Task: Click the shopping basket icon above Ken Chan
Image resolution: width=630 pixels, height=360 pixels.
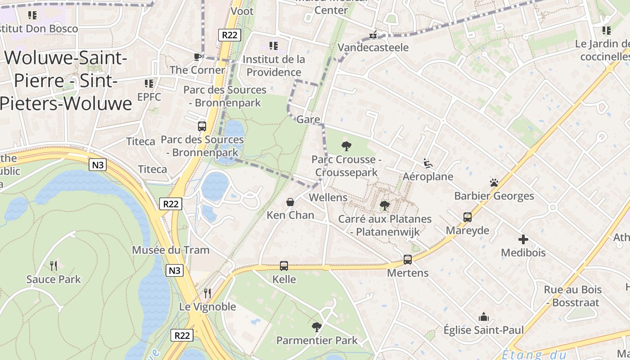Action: click(290, 202)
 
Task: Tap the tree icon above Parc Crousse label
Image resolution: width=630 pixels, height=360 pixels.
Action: click(346, 146)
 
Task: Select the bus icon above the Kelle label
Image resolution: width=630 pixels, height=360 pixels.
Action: click(283, 266)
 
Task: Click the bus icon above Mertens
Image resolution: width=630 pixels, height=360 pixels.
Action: click(407, 259)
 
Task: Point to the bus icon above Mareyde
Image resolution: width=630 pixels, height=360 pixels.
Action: click(468, 217)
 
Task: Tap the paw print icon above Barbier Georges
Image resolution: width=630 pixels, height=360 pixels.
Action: click(494, 183)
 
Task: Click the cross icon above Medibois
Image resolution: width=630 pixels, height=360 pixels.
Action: click(523, 239)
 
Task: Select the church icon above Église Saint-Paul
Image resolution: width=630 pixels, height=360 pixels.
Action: click(484, 317)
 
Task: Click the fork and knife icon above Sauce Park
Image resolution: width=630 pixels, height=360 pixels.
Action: click(54, 266)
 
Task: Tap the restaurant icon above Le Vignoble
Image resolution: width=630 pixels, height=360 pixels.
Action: click(207, 293)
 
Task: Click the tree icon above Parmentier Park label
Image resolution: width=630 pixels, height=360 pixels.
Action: click(317, 327)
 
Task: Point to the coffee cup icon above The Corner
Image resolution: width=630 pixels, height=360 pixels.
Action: click(197, 57)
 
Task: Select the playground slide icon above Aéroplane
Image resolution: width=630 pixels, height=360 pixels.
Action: click(427, 163)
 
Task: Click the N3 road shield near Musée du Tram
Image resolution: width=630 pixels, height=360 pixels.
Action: click(175, 270)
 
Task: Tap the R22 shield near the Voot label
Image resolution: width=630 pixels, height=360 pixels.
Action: click(229, 35)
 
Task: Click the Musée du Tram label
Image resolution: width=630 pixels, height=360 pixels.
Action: click(171, 250)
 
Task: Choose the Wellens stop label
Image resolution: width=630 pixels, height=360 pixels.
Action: click(328, 198)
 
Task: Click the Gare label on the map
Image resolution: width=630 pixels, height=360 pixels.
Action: click(308, 120)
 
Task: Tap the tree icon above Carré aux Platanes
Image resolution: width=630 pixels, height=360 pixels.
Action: click(384, 206)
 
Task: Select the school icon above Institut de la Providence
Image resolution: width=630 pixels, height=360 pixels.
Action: click(273, 45)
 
